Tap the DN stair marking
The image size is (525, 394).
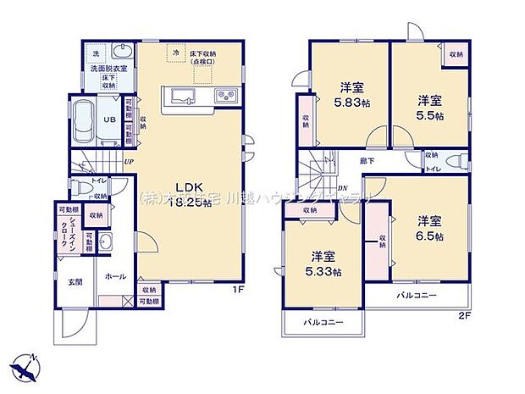(343, 188)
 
